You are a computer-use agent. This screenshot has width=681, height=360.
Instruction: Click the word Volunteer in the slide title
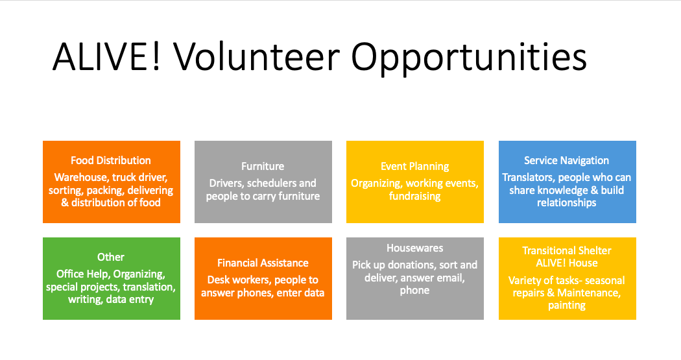coord(257,56)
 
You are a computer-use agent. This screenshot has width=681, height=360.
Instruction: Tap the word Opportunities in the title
coord(469,58)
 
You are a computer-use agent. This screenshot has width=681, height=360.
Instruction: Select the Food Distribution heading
coord(111,160)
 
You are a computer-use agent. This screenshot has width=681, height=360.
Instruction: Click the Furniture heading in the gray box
coord(263,166)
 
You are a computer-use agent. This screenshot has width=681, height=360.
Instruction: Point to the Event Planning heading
coord(415,167)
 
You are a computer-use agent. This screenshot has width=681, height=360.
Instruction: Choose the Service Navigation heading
coord(566,161)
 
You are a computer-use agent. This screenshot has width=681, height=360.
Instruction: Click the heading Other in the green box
coord(111,257)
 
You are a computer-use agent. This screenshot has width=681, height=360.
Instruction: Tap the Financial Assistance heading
coord(263,263)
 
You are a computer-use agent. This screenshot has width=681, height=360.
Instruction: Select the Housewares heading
coord(415,248)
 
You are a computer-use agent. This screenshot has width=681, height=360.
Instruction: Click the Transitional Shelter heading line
coord(567,250)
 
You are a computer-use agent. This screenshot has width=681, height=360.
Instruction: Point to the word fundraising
coord(415,197)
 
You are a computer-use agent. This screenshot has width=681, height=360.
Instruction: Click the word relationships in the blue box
coord(566,203)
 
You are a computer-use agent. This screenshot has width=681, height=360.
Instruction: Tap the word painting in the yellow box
coord(567,306)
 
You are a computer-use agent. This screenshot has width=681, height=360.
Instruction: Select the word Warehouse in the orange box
coord(81,177)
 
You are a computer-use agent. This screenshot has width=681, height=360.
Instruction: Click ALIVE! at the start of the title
coord(106,56)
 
